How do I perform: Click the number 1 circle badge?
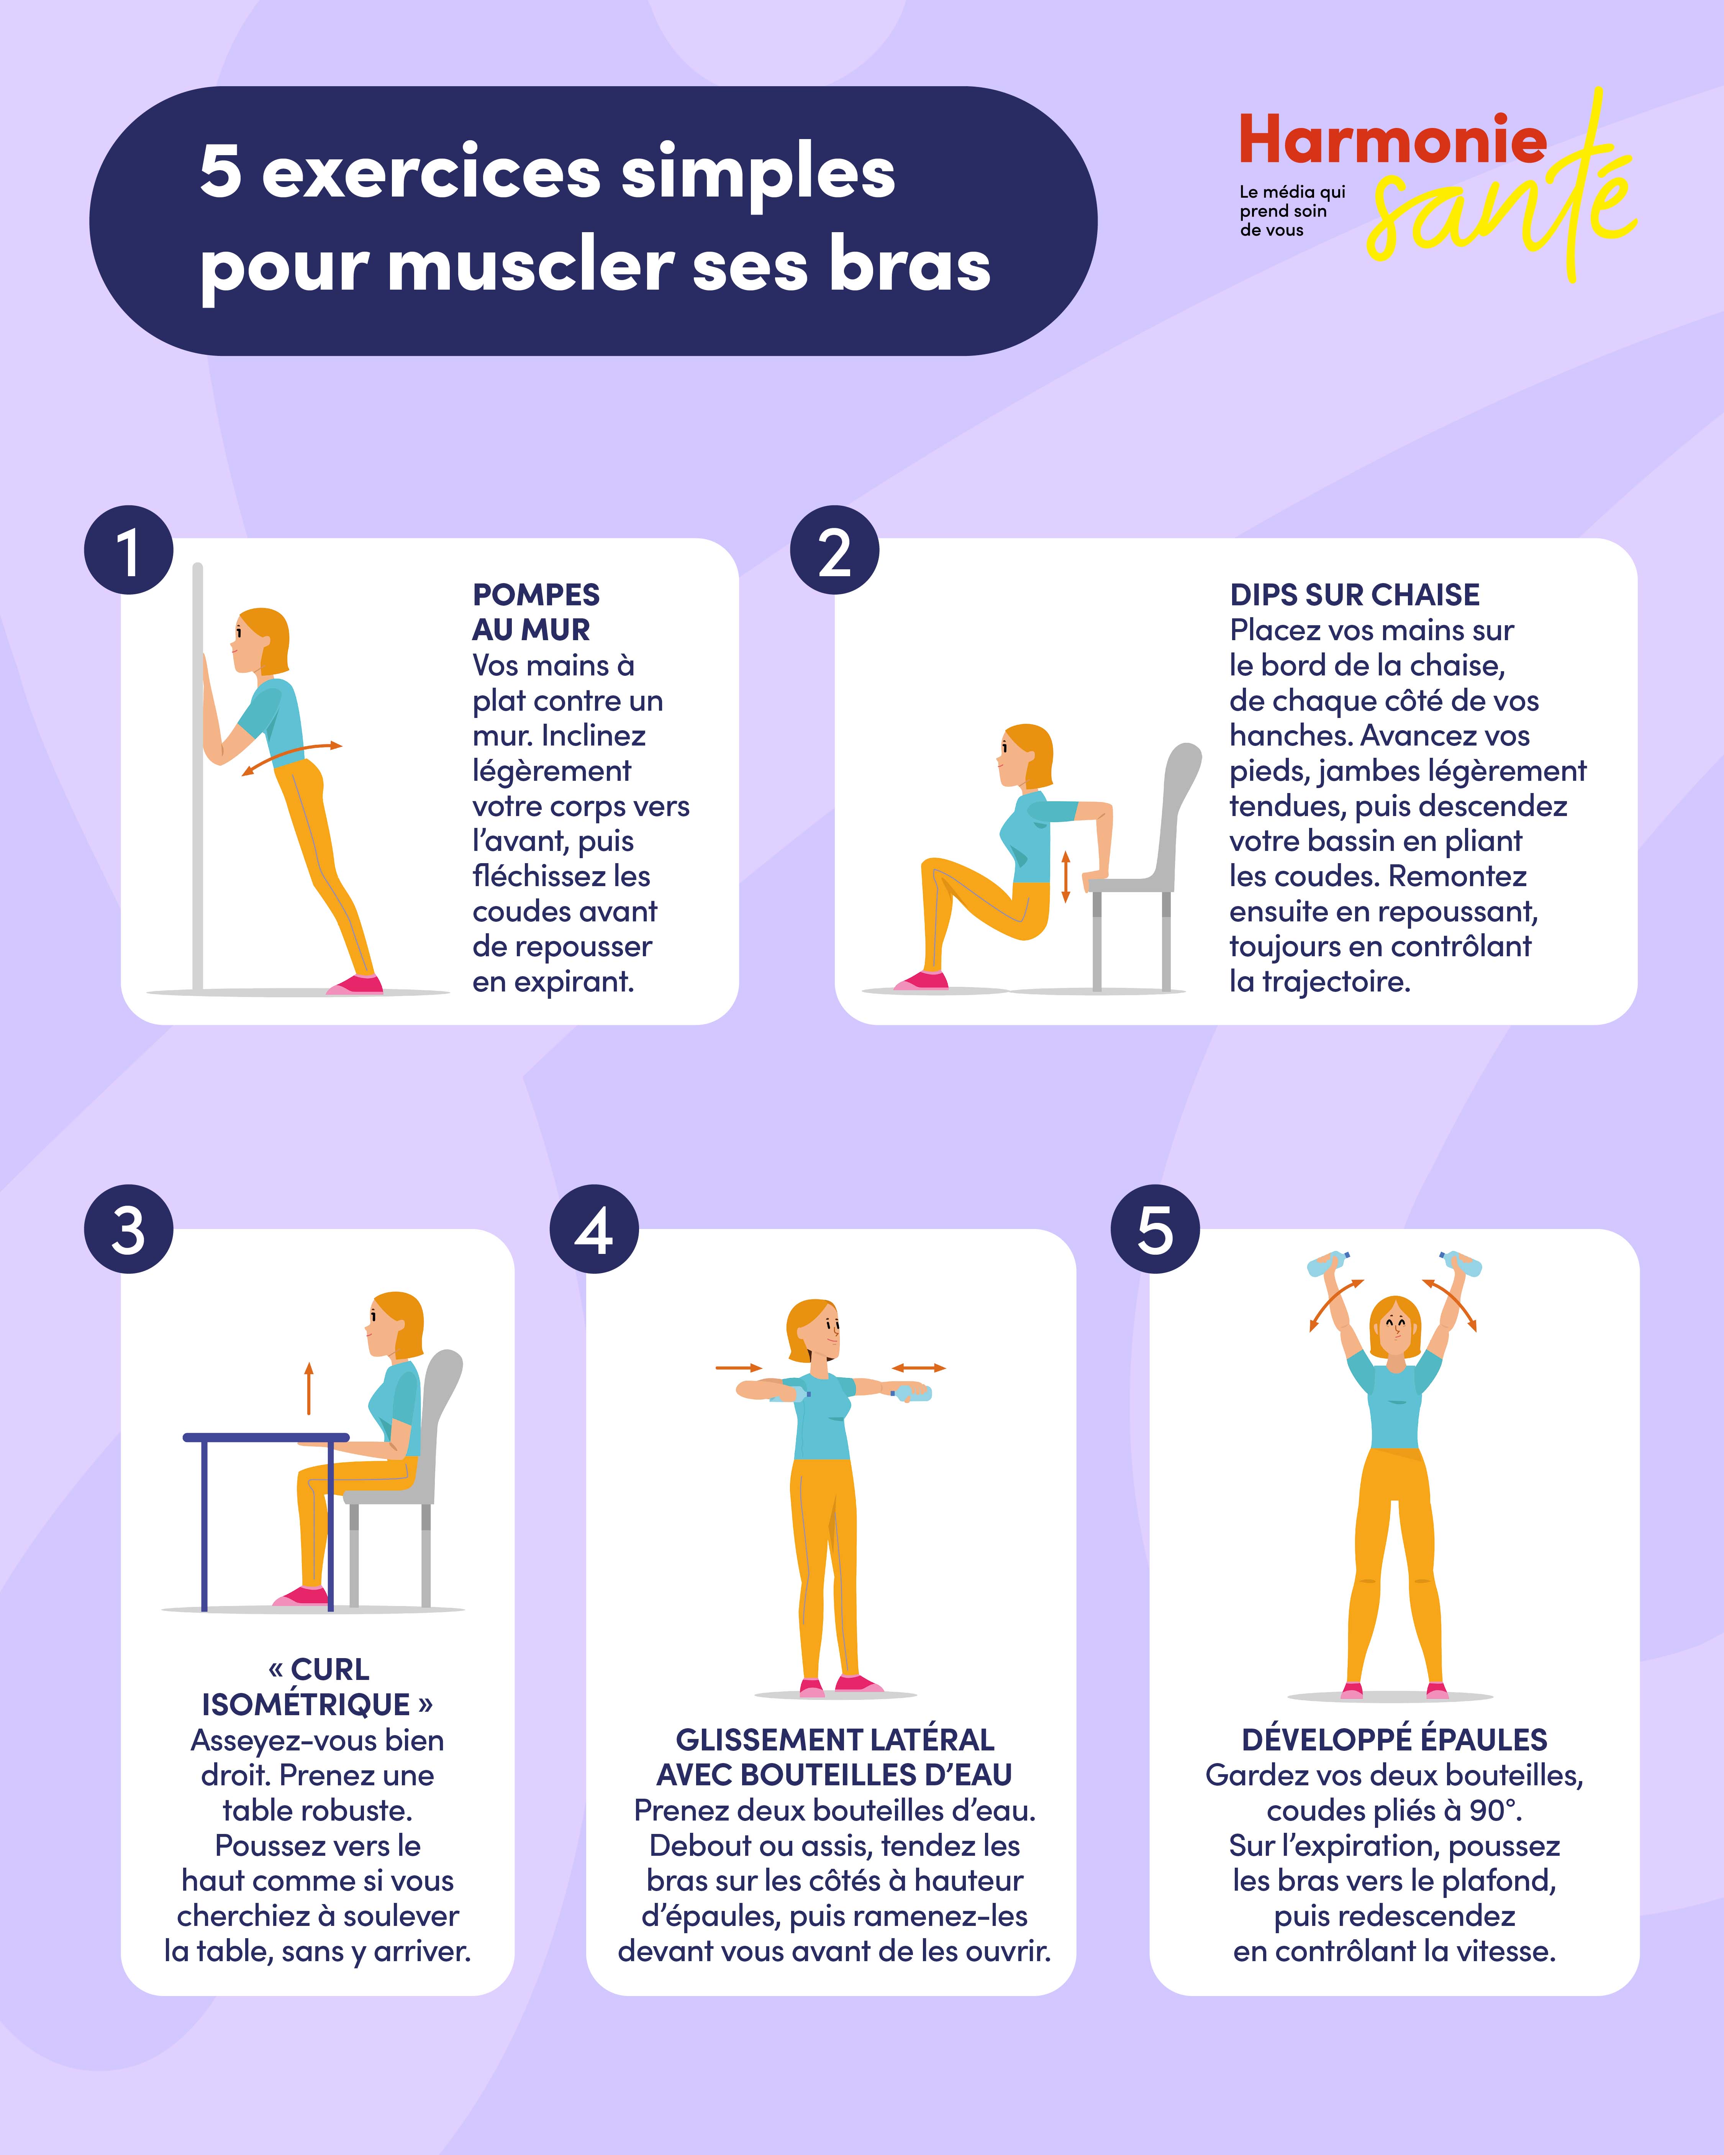tap(129, 551)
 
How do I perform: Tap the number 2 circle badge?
tap(834, 551)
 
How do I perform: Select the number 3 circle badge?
tap(129, 1229)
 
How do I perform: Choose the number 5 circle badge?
tap(1155, 1229)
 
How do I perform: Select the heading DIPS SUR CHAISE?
tap(1354, 595)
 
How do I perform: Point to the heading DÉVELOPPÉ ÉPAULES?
tap(1394, 1739)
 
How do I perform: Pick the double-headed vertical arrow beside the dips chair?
tap(1065, 877)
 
